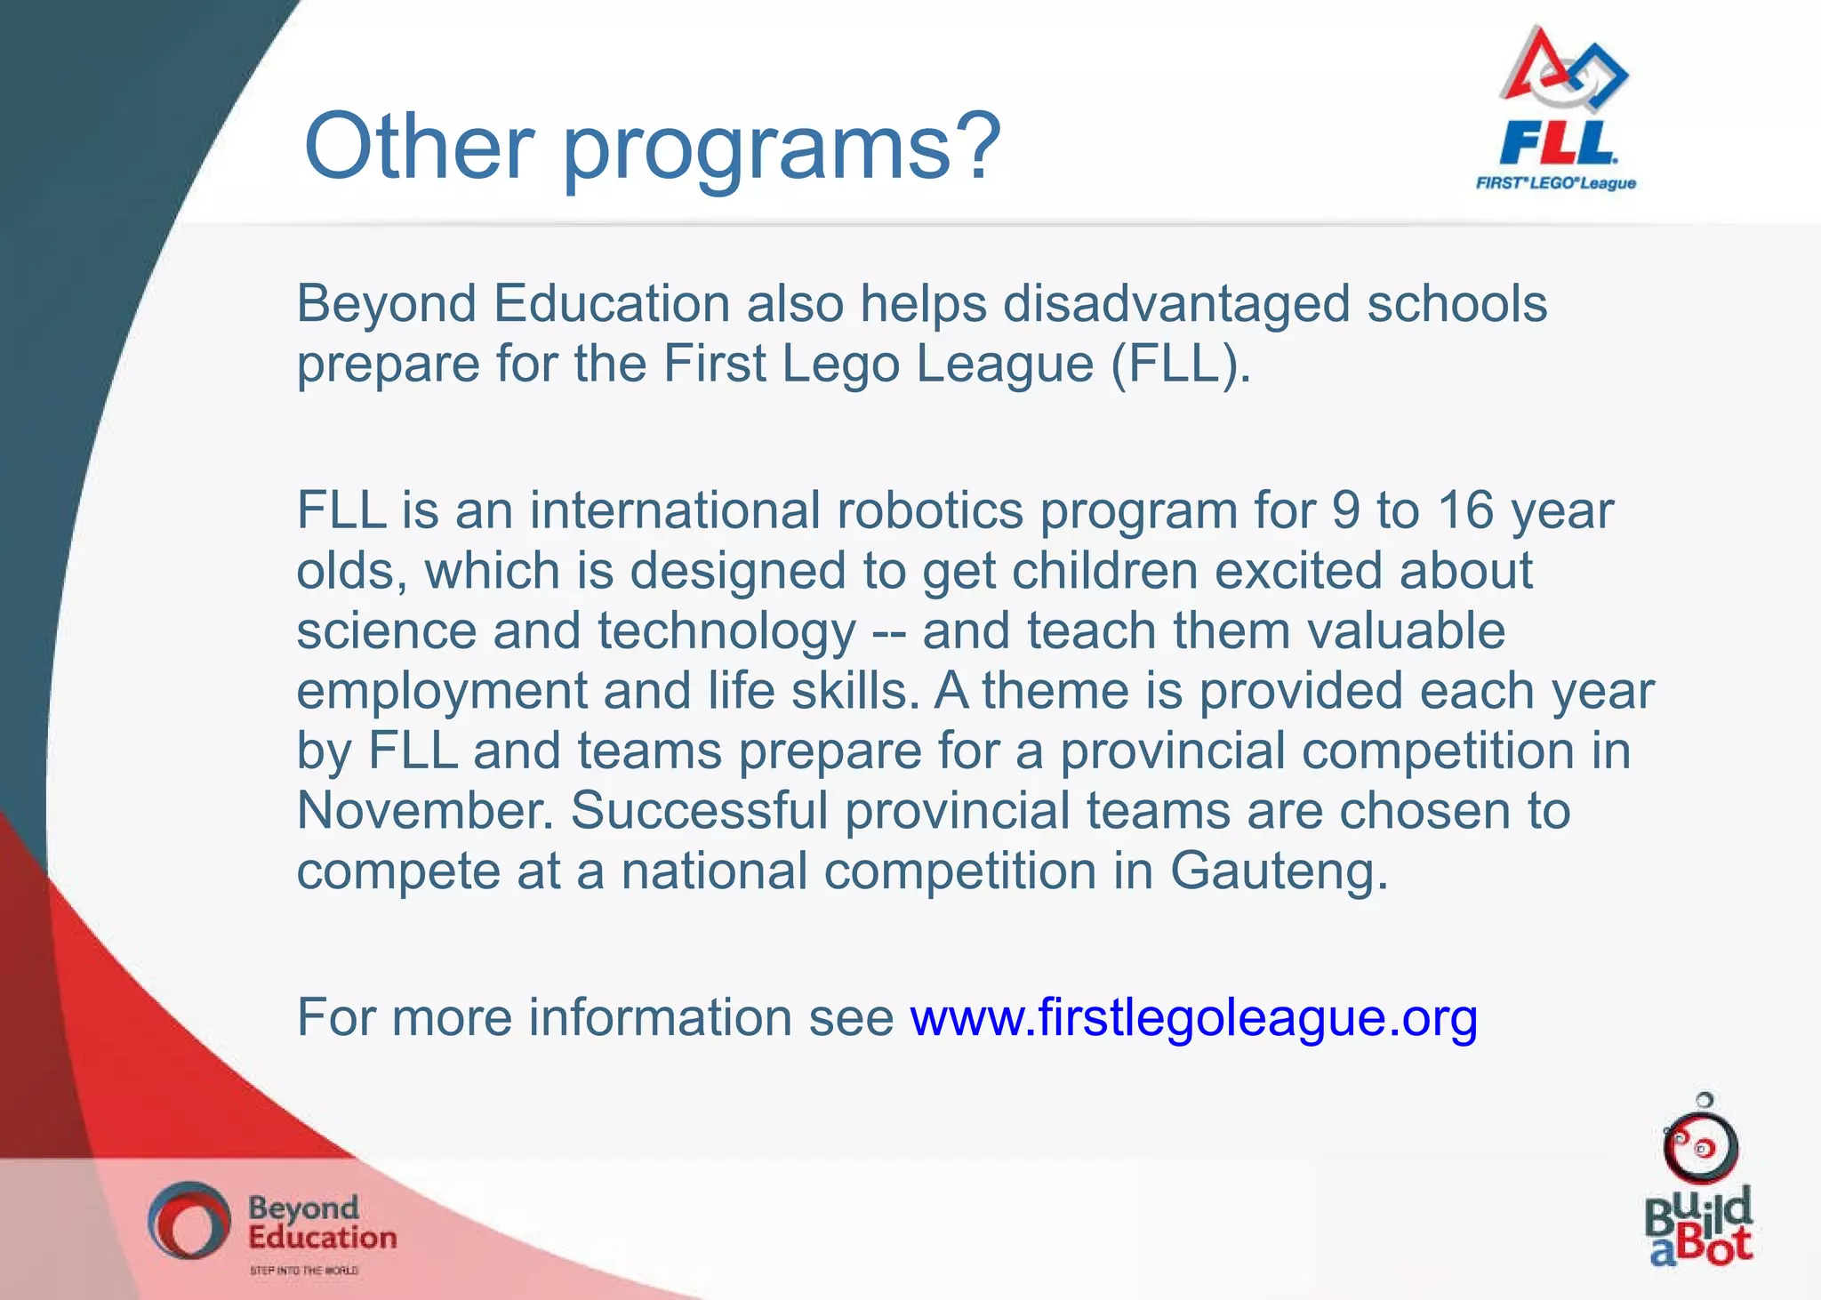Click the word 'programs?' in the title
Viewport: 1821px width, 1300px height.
point(782,148)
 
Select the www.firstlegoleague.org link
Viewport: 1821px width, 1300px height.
point(1193,1017)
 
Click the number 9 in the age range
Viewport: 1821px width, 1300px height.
point(1345,510)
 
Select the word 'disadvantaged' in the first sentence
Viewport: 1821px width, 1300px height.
point(1176,304)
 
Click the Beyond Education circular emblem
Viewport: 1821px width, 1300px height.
point(189,1220)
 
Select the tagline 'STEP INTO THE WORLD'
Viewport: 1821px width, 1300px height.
point(304,1271)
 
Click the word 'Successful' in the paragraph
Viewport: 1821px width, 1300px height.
point(699,810)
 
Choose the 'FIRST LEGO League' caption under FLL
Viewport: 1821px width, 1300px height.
point(1555,183)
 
